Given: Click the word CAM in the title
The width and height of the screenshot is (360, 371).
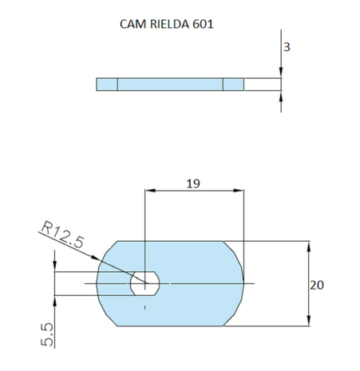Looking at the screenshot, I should [131, 23].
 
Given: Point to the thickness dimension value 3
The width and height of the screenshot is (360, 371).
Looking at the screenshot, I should [286, 47].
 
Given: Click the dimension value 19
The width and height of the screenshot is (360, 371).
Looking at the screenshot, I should [192, 183].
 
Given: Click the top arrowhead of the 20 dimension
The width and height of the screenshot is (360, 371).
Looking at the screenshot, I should [308, 244].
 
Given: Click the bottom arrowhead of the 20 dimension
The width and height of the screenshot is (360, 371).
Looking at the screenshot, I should [308, 322].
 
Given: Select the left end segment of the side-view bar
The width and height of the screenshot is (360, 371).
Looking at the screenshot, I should [107, 85].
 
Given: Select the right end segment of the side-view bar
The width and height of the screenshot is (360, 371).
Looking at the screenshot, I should [233, 85].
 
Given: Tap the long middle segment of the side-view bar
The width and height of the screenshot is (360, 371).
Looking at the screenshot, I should [170, 85].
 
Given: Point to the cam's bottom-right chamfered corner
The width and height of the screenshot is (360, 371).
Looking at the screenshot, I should [233, 317].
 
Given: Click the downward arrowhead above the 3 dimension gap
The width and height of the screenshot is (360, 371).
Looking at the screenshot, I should [281, 74].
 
